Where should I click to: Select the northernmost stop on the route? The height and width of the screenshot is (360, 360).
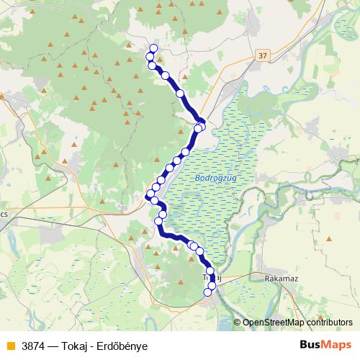coord(153,48)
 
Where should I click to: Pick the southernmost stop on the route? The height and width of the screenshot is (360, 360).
coord(207,292)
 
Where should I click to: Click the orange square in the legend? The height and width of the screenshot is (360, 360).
coord(10,346)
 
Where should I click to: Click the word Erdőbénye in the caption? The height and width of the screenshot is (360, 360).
coord(124,346)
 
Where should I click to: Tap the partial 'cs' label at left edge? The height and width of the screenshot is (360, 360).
coord(4,214)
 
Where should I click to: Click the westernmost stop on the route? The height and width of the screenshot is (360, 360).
coord(149,194)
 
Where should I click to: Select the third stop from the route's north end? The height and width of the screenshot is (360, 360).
coord(152,66)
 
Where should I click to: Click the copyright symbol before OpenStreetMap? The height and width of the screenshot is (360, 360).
coord(238,323)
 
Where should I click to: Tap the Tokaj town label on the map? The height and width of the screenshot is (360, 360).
coord(209,277)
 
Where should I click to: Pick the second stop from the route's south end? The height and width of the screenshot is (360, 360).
coord(212,286)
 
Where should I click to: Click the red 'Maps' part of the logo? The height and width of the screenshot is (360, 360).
coord(337,345)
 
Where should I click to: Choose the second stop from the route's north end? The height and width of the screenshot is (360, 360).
coord(150,57)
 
